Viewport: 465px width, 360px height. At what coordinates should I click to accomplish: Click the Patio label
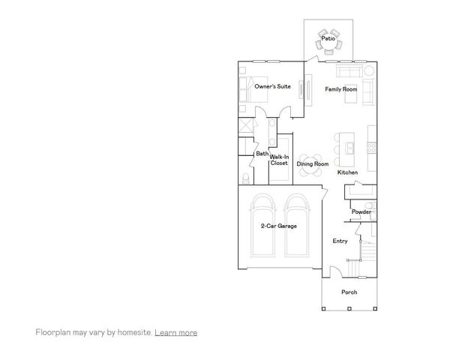point(328,37)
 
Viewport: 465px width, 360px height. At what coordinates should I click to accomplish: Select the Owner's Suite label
point(272,87)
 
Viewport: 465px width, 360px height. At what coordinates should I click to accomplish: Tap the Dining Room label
point(312,163)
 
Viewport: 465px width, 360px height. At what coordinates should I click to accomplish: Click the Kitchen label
point(347,172)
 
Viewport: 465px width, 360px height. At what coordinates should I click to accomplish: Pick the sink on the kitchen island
point(346,143)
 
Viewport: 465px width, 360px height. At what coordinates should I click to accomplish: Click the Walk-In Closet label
point(279,160)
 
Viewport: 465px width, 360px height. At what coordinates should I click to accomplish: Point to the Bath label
point(262,154)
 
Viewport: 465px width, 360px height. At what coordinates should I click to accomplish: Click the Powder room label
point(361,212)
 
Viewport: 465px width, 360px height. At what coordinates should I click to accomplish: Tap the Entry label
point(340,241)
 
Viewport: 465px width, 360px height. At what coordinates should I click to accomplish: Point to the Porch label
point(349,292)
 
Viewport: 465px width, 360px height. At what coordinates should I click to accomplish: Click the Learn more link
point(175,332)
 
